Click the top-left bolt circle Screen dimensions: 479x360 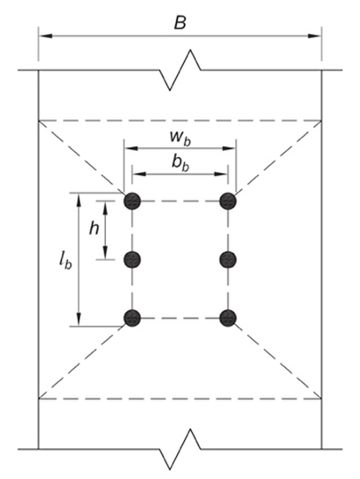(131, 201)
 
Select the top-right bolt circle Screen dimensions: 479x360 (229, 201)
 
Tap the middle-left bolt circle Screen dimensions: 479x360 (131, 259)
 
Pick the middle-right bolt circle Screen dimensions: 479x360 (229, 259)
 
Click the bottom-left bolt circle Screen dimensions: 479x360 (131, 318)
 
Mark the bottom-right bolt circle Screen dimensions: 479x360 (229, 318)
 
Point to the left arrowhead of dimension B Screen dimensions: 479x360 (43, 34)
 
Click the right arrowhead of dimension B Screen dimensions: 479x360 (316, 34)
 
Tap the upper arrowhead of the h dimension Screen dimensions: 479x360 (107, 206)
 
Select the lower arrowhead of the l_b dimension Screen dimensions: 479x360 (80, 321)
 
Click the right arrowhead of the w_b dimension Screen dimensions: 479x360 (231, 148)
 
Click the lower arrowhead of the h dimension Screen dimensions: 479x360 (107, 254)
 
